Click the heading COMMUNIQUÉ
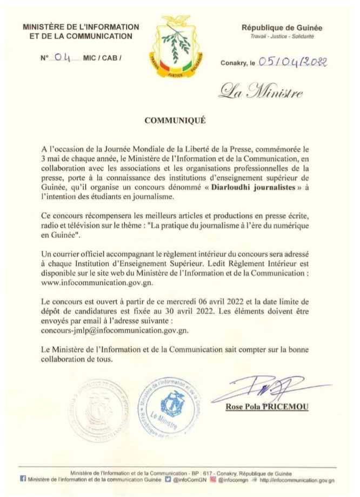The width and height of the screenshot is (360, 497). (179, 121)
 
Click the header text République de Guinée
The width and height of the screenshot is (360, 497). (281, 28)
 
